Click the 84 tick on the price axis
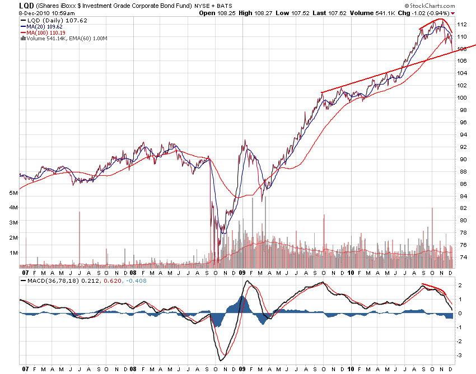click(461, 196)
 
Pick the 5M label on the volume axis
click(13, 193)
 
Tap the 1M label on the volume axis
click(13, 253)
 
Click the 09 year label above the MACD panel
click(241, 273)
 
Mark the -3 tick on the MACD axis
click(460, 356)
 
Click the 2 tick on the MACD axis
click(460, 286)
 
